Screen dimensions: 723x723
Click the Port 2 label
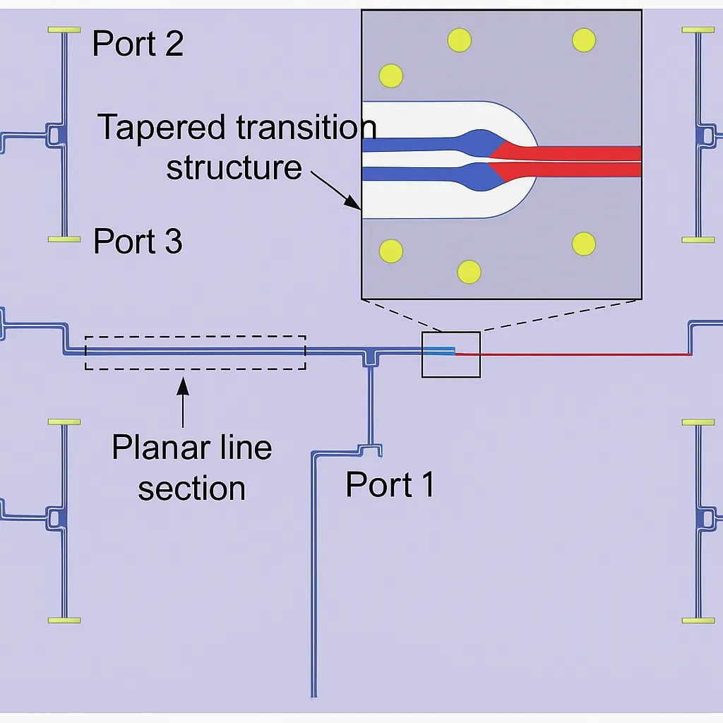point(138,43)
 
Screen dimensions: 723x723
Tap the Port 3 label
point(138,241)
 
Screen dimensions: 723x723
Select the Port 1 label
point(390,484)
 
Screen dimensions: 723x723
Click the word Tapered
point(162,127)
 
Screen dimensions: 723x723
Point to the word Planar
point(162,447)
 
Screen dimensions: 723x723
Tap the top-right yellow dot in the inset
point(584,40)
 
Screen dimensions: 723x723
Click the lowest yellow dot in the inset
point(469,272)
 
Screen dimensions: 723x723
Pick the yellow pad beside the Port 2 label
point(64,30)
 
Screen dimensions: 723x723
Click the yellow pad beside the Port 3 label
point(64,239)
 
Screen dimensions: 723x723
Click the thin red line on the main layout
point(573,354)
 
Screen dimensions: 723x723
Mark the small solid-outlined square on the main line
point(451,354)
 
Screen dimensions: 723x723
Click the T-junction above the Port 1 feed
point(370,358)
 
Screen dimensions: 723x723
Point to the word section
point(191,489)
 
